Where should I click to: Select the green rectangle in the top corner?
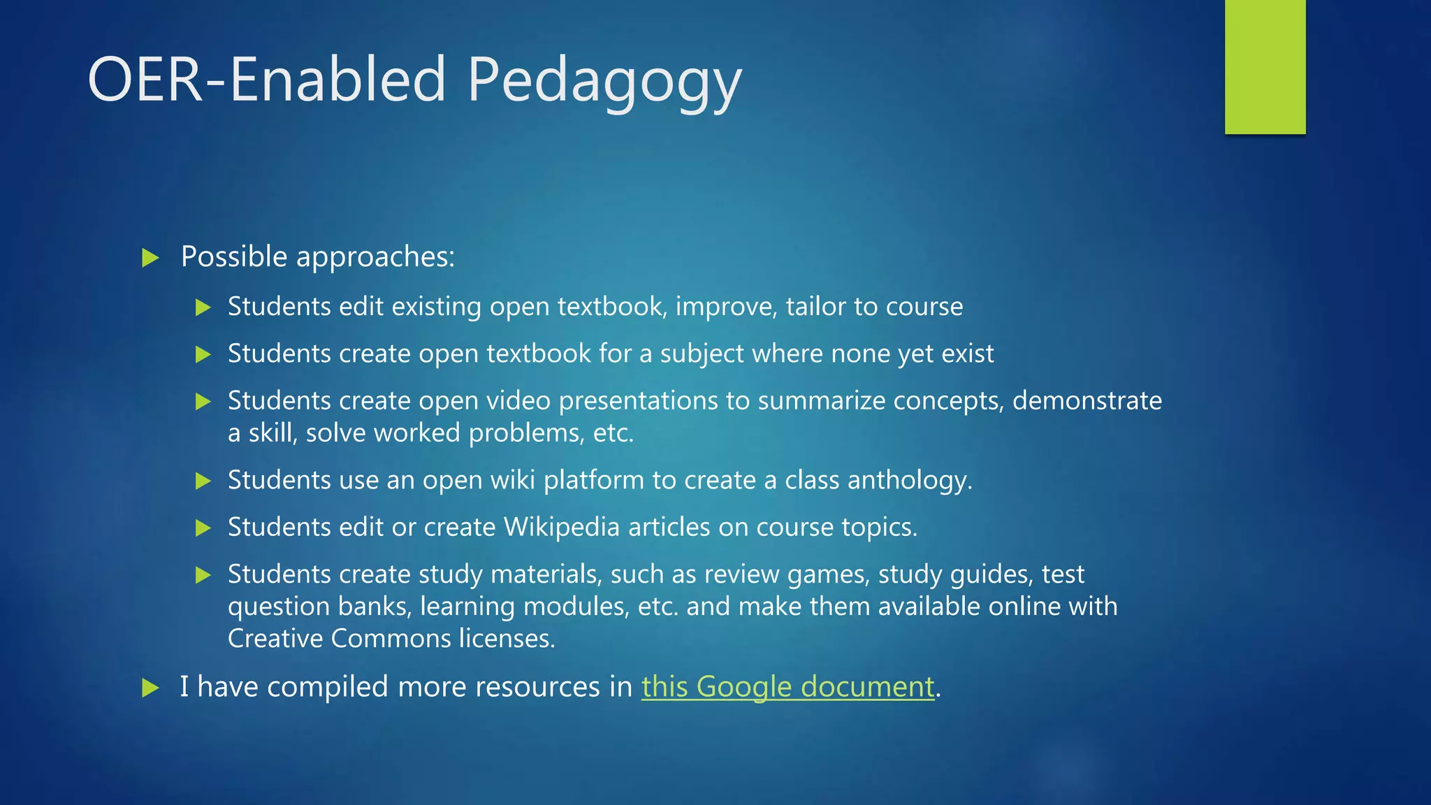pyautogui.click(x=1265, y=66)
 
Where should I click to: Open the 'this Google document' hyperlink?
pyautogui.click(x=787, y=686)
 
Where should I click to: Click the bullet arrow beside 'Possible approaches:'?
pyautogui.click(x=150, y=258)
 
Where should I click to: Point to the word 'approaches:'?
pyautogui.click(x=375, y=258)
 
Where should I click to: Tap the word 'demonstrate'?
pyautogui.click(x=1087, y=400)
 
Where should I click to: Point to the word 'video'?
pyautogui.click(x=518, y=400)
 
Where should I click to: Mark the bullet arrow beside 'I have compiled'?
pyautogui.click(x=150, y=688)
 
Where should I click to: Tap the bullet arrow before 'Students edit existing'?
pyautogui.click(x=203, y=307)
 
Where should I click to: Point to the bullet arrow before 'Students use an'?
pyautogui.click(x=203, y=481)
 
